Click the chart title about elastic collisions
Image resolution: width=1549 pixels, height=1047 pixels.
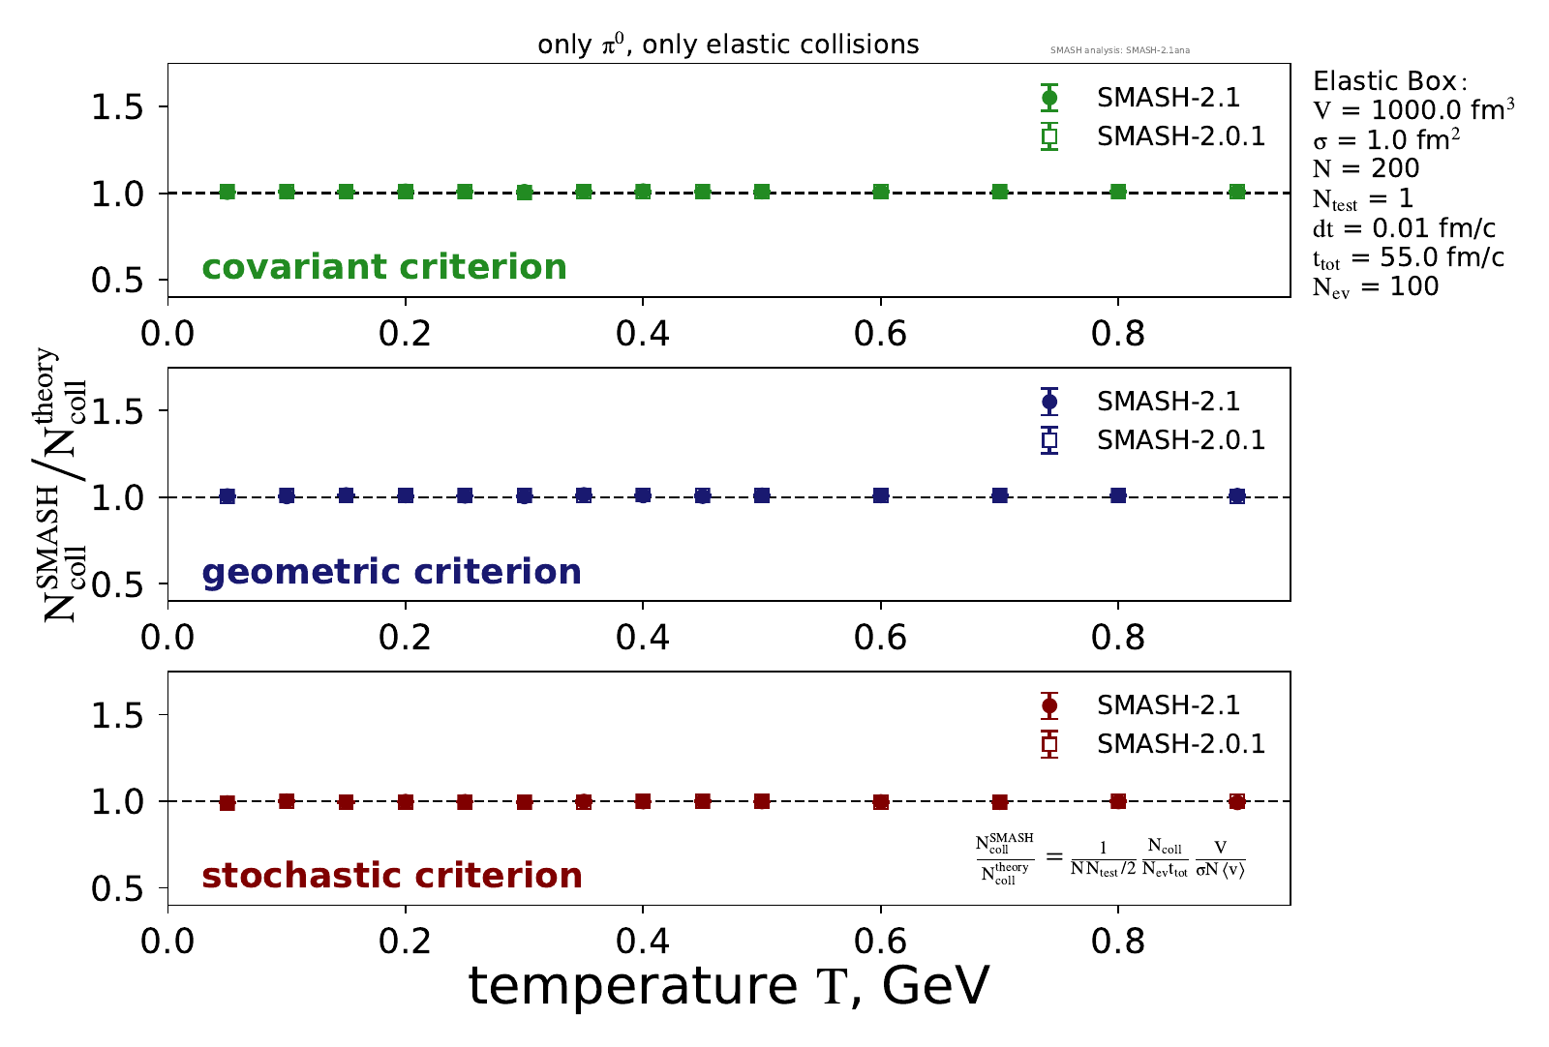pyautogui.click(x=728, y=45)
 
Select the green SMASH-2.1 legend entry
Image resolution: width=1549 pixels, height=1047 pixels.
pyautogui.click(x=1168, y=98)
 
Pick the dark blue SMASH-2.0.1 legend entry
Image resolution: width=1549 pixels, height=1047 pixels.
pyautogui.click(x=1180, y=440)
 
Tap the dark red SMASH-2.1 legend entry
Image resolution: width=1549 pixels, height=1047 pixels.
pyautogui.click(x=1168, y=705)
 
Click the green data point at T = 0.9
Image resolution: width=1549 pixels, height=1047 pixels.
pyautogui.click(x=1236, y=192)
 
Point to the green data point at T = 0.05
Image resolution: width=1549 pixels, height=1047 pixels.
pyautogui.click(x=228, y=192)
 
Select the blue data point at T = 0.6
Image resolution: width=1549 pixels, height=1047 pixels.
pyautogui.click(x=881, y=495)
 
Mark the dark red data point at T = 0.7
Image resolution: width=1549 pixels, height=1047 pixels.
pyautogui.click(x=1000, y=802)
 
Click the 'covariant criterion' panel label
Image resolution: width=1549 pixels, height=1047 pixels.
pyautogui.click(x=384, y=267)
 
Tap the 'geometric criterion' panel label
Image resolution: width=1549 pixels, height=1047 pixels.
pyautogui.click(x=391, y=572)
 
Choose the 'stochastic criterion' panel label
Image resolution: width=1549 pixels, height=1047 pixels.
pyautogui.click(x=392, y=876)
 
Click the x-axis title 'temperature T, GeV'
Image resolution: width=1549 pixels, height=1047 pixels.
pyautogui.click(x=728, y=987)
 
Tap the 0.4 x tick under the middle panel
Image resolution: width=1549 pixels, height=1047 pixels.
pyautogui.click(x=643, y=639)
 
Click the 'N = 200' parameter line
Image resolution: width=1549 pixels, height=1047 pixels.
pyautogui.click(x=1366, y=169)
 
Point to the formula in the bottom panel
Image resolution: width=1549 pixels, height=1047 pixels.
pyautogui.click(x=1109, y=857)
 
